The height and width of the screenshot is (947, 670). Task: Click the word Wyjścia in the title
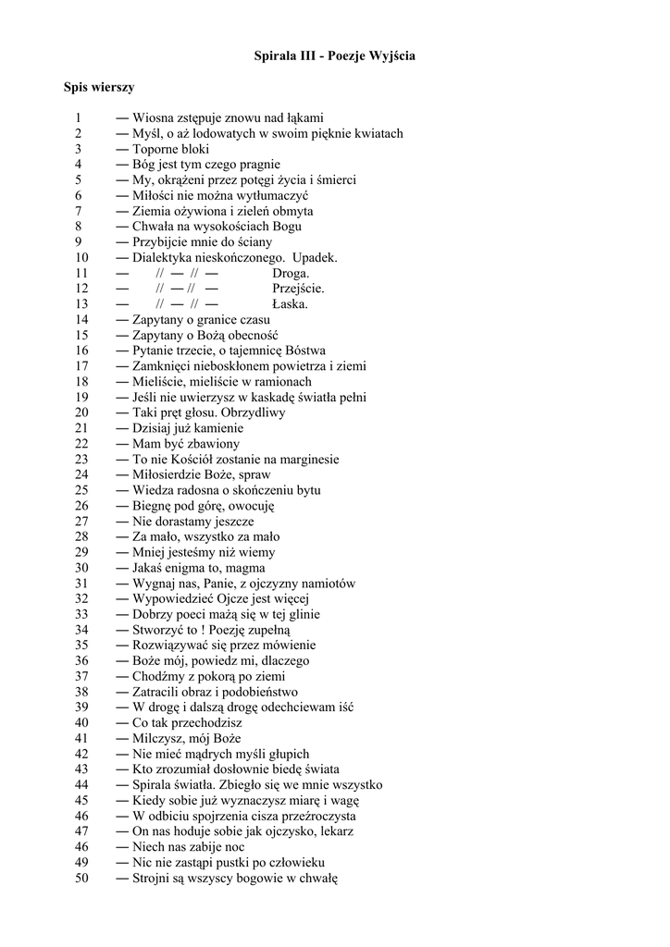click(x=392, y=56)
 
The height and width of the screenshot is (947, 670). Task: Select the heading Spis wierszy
click(x=99, y=88)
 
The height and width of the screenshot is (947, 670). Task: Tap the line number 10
click(x=81, y=257)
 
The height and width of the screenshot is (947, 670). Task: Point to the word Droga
click(x=291, y=273)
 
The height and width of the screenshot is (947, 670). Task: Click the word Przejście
click(x=298, y=289)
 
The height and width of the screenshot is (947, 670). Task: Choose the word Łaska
click(x=290, y=304)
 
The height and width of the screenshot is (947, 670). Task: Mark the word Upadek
click(x=316, y=257)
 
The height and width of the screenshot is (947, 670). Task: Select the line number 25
click(x=81, y=490)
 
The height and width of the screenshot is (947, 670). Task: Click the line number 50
click(x=81, y=879)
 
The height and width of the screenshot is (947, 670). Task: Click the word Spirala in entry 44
click(x=153, y=785)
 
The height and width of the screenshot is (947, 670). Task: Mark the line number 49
click(x=81, y=863)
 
